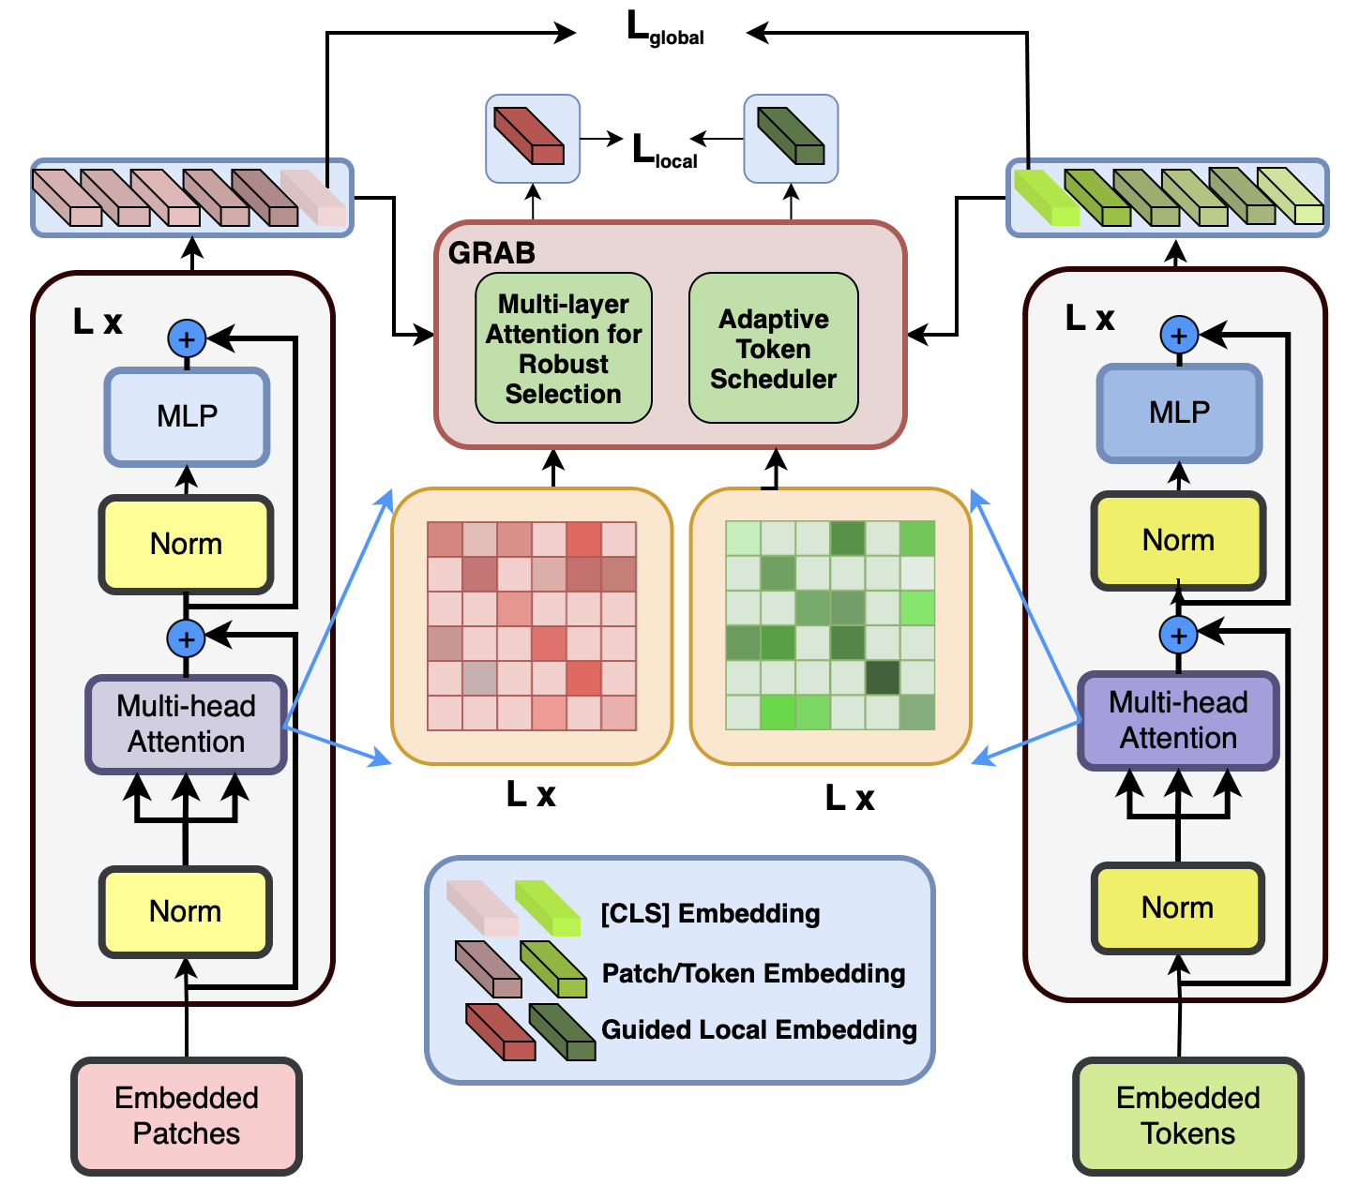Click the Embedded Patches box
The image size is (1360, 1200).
[187, 1116]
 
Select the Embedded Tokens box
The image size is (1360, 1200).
[1187, 1116]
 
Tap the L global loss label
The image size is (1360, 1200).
[664, 31]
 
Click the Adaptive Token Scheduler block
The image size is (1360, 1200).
[773, 349]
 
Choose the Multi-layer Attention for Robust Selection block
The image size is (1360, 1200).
[563, 349]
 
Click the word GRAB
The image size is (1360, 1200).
[491, 253]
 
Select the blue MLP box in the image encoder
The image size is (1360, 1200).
[187, 416]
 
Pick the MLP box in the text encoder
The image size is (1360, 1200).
[1179, 412]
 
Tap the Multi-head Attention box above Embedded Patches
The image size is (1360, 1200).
[186, 724]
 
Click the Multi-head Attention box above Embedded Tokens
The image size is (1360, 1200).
[1178, 720]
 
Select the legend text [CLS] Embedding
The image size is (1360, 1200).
[710, 913]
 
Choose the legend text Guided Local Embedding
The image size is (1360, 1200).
[759, 1029]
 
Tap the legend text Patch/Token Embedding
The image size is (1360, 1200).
[753, 973]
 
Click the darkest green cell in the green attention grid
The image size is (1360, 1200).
[882, 678]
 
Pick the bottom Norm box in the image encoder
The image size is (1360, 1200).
[186, 911]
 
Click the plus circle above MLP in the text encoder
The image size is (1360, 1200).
[1179, 335]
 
